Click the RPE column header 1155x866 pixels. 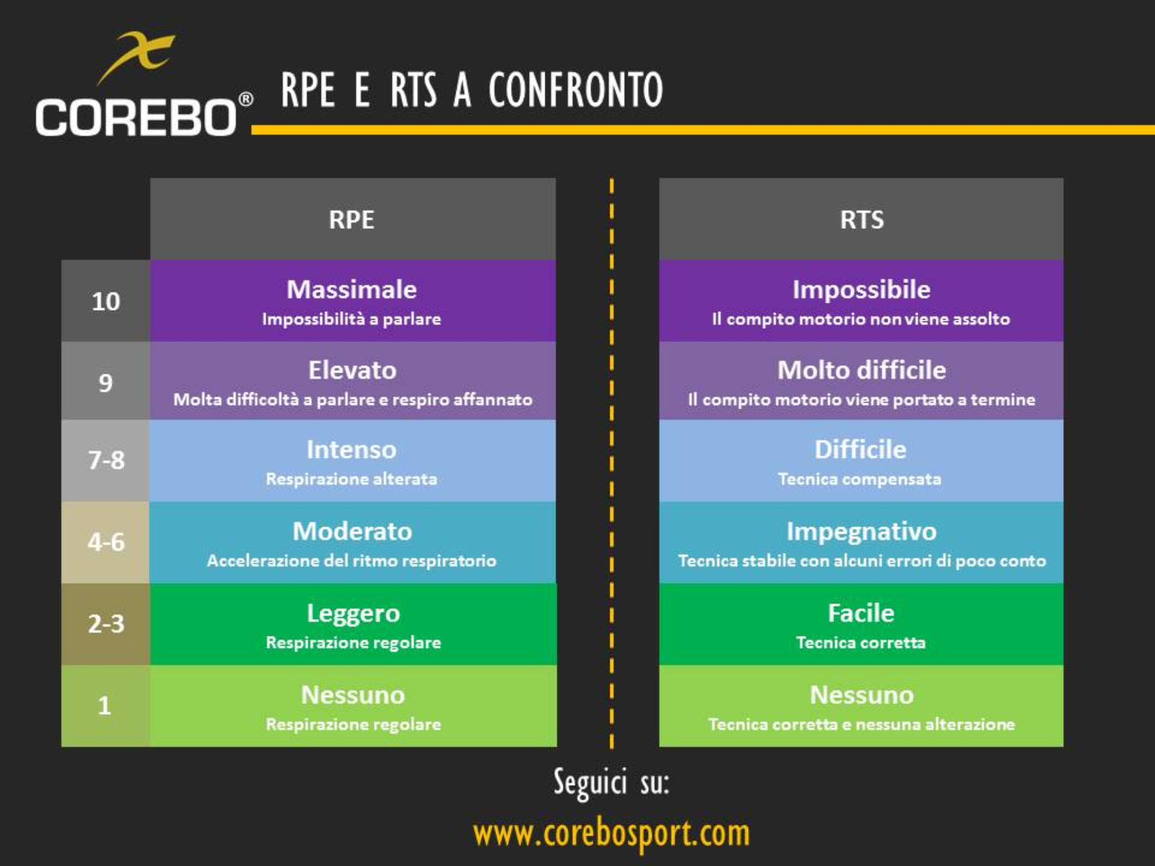[351, 219]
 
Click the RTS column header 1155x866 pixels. [862, 219]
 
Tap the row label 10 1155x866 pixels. [105, 302]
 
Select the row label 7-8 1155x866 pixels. [105, 460]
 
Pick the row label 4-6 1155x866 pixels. [105, 542]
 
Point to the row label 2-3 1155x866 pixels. [105, 624]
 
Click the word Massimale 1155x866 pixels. [352, 290]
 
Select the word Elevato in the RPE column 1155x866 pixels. [352, 370]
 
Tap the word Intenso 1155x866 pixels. [351, 450]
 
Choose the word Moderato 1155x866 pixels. [352, 531]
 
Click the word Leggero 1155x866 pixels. [353, 613]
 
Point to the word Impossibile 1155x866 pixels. [861, 290]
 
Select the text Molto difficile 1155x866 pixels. [861, 370]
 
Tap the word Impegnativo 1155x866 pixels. [861, 531]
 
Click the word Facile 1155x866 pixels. [861, 613]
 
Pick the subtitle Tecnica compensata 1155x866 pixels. [859, 479]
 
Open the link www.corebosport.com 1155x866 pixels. [611, 833]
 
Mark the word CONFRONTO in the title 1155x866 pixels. [575, 90]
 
